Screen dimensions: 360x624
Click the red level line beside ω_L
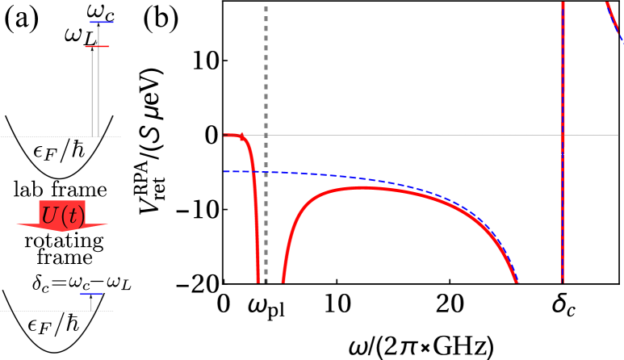[x=97, y=47]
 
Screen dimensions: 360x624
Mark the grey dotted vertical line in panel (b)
[x=266, y=121]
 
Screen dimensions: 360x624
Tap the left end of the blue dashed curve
[x=226, y=171]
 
